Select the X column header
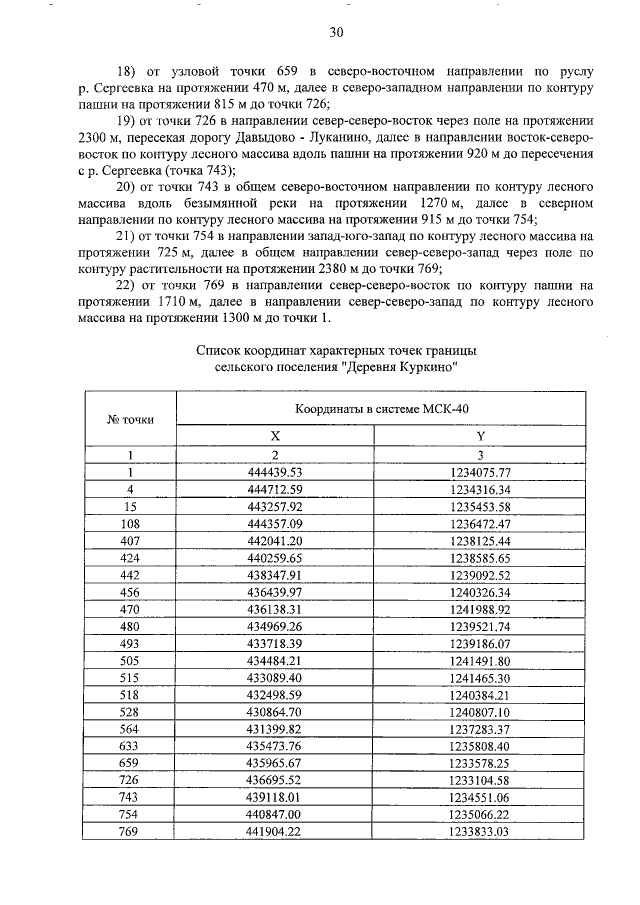pos(275,436)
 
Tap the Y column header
pos(480,436)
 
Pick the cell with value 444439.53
pos(275,472)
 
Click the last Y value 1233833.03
pos(480,830)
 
